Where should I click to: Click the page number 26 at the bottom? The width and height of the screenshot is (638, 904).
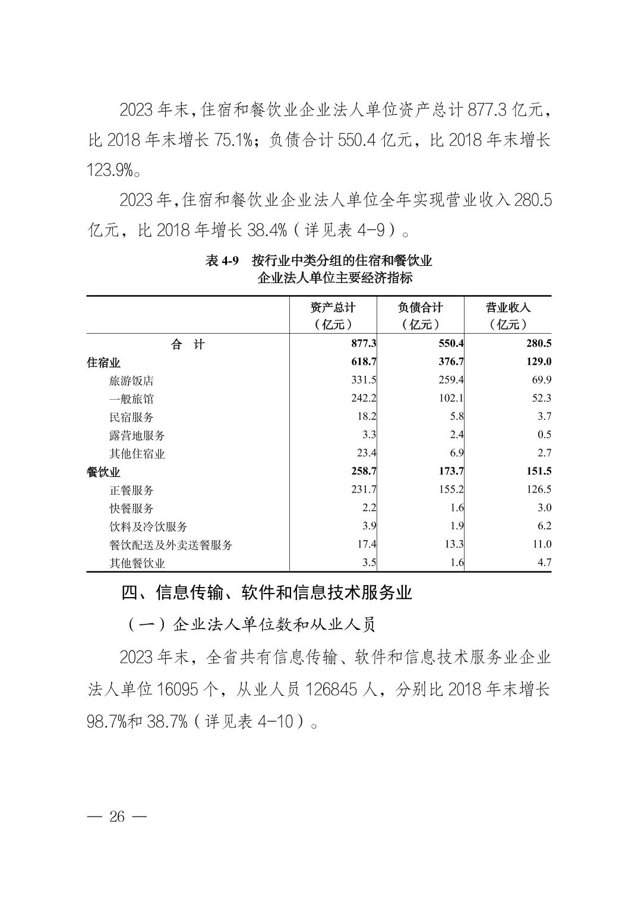(x=117, y=816)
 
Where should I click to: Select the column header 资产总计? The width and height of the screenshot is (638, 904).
(x=333, y=307)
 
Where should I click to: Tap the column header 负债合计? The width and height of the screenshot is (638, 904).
(x=420, y=307)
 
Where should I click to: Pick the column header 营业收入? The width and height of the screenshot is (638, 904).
(x=508, y=307)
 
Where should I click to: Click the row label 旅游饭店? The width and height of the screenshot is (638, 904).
(x=131, y=381)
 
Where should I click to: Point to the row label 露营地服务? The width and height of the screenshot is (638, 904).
(x=137, y=435)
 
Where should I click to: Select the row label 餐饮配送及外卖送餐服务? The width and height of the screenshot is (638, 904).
(x=170, y=545)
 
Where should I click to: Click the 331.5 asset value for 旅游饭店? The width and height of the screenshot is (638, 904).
(x=364, y=380)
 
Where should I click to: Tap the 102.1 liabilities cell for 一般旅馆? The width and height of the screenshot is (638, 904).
(x=451, y=398)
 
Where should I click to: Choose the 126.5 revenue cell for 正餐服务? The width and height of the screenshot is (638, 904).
(x=538, y=489)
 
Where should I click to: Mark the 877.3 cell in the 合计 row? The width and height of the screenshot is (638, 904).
(x=364, y=344)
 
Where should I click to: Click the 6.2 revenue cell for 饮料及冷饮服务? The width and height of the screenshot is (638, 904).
(x=544, y=526)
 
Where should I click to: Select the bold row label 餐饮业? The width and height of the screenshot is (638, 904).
(x=103, y=472)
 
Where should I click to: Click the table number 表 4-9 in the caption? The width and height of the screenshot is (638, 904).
(x=222, y=261)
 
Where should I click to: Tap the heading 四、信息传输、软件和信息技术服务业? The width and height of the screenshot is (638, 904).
(x=266, y=592)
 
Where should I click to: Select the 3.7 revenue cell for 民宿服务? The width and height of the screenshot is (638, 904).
(x=544, y=416)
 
